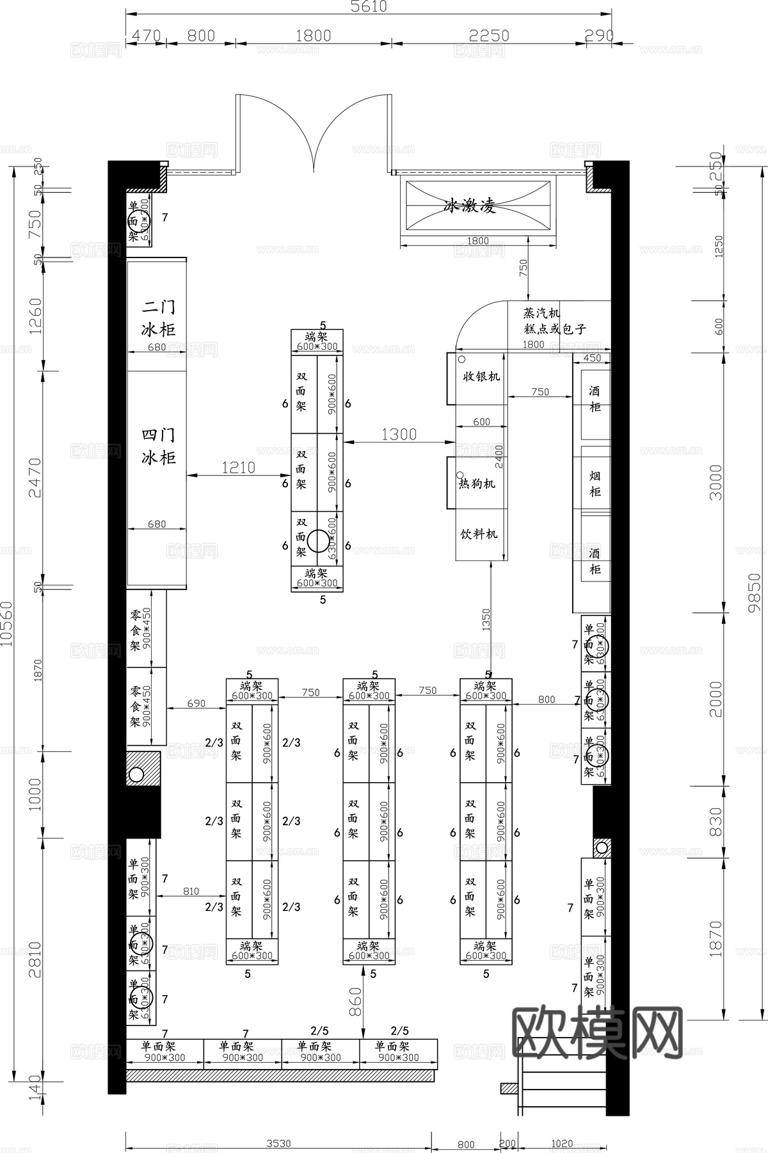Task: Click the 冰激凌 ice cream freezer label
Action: pos(470,206)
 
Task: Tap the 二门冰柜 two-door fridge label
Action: pos(158,318)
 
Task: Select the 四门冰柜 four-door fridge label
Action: pos(158,446)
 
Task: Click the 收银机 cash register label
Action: pos(481,377)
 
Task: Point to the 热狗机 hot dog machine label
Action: pos(477,484)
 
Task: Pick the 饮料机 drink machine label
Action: pos(479,534)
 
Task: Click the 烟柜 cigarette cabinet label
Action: pos(595,484)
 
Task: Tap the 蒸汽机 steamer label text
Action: pos(541,313)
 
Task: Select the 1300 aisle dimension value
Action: pos(399,434)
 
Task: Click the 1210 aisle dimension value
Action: pos(238,468)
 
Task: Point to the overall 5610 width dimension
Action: pos(369,6)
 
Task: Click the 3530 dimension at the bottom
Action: pos(278,1143)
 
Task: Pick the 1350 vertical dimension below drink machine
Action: pos(486,620)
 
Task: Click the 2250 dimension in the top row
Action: pos(489,35)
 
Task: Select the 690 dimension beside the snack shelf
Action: pos(196,703)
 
